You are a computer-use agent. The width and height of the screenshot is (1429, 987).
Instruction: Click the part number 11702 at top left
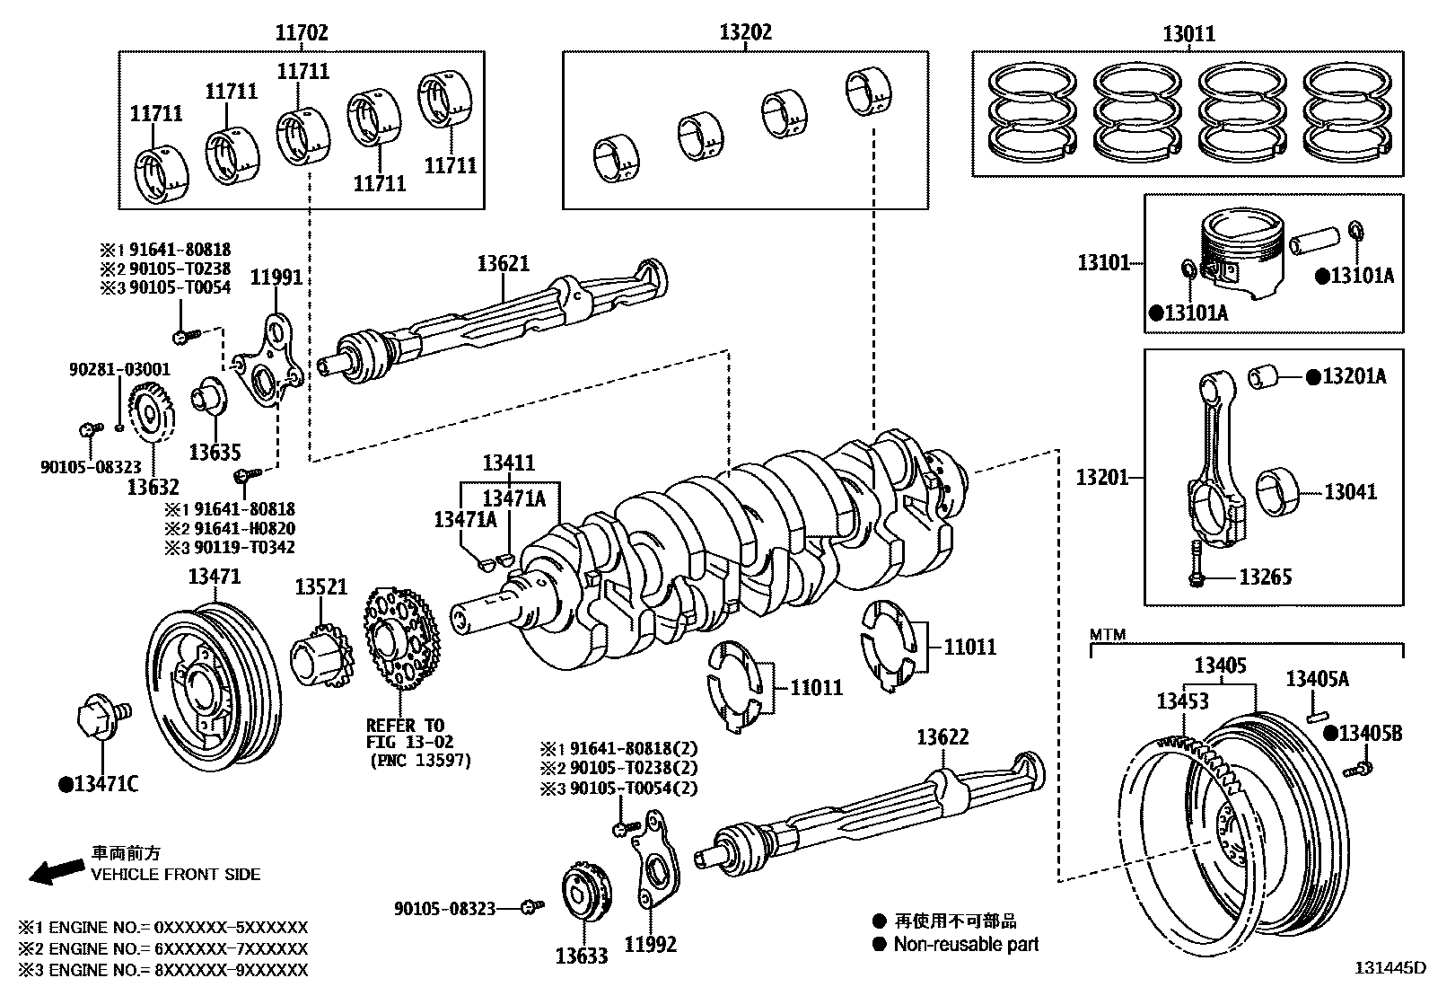tap(302, 33)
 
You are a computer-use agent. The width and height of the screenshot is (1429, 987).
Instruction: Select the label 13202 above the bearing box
tap(745, 33)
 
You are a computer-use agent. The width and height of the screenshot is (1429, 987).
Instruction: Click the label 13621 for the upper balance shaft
tap(503, 263)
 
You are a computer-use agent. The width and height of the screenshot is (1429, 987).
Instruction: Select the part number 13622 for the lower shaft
tap(942, 737)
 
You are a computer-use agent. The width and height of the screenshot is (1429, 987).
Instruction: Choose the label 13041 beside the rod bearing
tap(1350, 491)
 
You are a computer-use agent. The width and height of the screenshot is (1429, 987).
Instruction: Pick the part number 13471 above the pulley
tap(215, 576)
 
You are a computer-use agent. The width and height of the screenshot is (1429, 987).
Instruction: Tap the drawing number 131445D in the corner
tap(1390, 968)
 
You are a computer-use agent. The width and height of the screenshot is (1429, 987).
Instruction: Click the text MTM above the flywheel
tap(1108, 635)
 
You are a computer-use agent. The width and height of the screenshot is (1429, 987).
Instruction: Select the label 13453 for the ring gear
tap(1182, 701)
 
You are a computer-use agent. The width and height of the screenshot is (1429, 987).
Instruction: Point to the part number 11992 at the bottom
tap(650, 944)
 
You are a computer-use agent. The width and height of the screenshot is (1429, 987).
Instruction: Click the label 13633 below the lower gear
tap(582, 956)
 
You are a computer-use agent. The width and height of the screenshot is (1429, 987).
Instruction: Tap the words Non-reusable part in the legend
tap(966, 944)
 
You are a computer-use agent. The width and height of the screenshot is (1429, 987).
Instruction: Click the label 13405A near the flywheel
tap(1317, 679)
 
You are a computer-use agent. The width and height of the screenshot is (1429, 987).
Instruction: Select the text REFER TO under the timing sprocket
tap(405, 725)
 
